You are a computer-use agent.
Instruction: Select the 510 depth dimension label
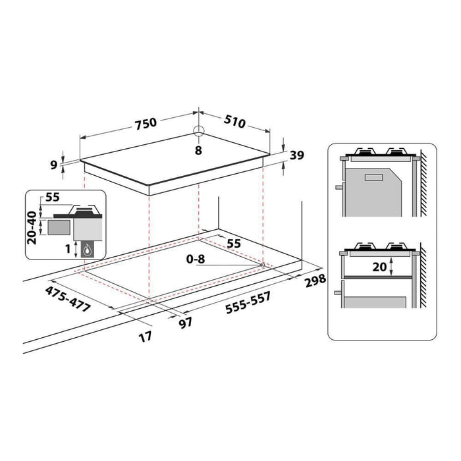(234, 122)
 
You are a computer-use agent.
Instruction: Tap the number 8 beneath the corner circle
(198, 150)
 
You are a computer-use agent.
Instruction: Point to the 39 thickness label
(297, 155)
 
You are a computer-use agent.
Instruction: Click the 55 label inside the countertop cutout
(234, 243)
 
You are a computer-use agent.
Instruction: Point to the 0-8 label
(196, 259)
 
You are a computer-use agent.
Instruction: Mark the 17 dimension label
(146, 337)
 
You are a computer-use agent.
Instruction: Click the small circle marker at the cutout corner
(262, 265)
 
